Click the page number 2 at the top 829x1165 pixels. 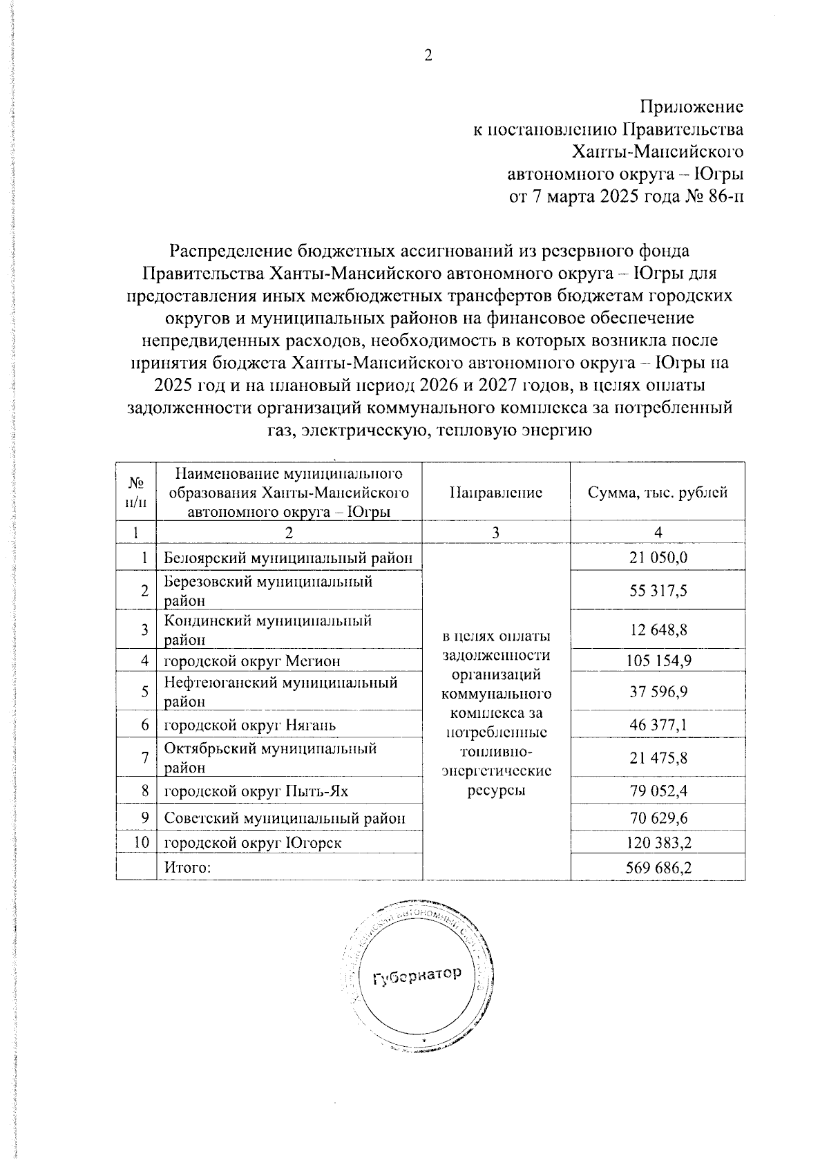(428, 56)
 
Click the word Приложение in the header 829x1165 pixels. (692, 107)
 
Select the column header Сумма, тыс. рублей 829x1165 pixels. (657, 493)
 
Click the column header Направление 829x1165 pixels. (495, 493)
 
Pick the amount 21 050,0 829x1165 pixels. (658, 558)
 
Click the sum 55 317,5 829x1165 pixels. (658, 591)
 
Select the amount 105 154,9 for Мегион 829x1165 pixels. (658, 661)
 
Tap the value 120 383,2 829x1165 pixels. (658, 843)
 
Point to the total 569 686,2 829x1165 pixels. (658, 867)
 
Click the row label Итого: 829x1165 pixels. (187, 867)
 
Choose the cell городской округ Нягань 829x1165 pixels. (249, 725)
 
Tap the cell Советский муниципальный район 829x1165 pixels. (284, 818)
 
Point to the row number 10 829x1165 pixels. (141, 843)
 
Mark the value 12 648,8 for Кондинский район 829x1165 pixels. (658, 629)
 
